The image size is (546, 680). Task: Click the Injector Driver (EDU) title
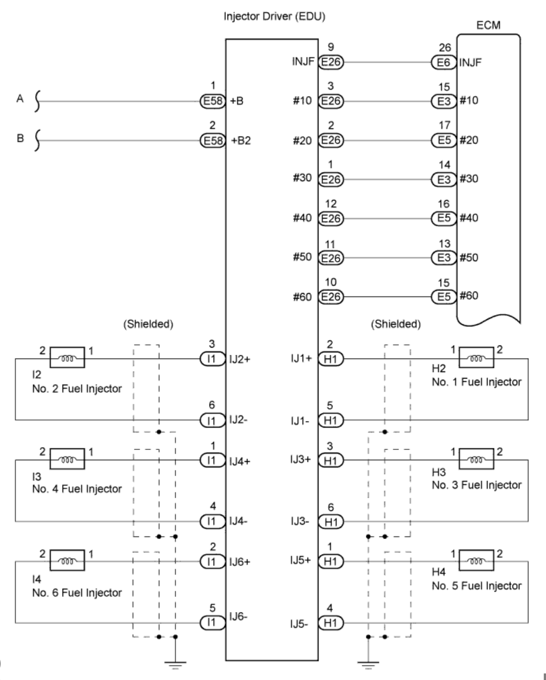(x=274, y=16)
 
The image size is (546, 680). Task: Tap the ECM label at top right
(x=488, y=25)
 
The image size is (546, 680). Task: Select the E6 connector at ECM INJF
(x=444, y=62)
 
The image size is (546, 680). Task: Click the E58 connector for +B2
(x=213, y=140)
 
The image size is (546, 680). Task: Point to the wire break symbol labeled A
(x=38, y=101)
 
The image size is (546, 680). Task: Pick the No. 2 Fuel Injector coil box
(x=68, y=357)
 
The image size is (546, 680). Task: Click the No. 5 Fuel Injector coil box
(x=476, y=560)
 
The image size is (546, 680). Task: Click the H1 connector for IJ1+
(x=330, y=359)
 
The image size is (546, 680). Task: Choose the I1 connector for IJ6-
(x=213, y=623)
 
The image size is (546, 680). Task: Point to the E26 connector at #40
(x=330, y=218)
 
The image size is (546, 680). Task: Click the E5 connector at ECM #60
(x=444, y=296)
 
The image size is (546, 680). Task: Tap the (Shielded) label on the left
(x=148, y=324)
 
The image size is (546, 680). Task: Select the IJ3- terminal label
(x=300, y=521)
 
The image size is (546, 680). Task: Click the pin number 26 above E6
(x=445, y=48)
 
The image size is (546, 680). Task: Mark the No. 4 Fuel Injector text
(x=77, y=489)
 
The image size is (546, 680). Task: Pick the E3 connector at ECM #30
(x=444, y=180)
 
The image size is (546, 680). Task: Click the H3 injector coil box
(x=476, y=459)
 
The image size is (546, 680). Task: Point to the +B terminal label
(x=237, y=101)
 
